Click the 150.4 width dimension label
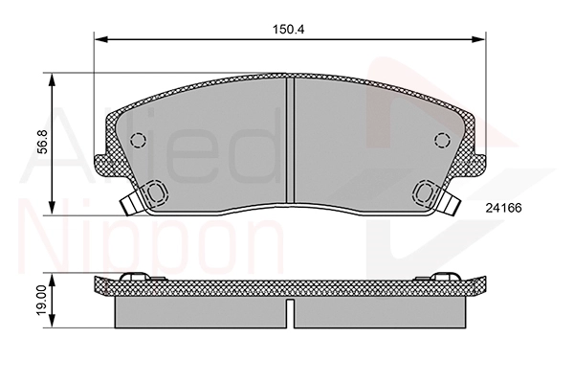point(289,30)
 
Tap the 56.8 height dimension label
point(43,142)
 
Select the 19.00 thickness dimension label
point(43,300)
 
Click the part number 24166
point(503,208)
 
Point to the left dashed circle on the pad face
point(138,140)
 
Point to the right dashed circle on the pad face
point(442,140)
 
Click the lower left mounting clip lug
point(157,192)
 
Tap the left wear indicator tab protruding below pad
point(132,203)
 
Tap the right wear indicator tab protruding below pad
point(450,203)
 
